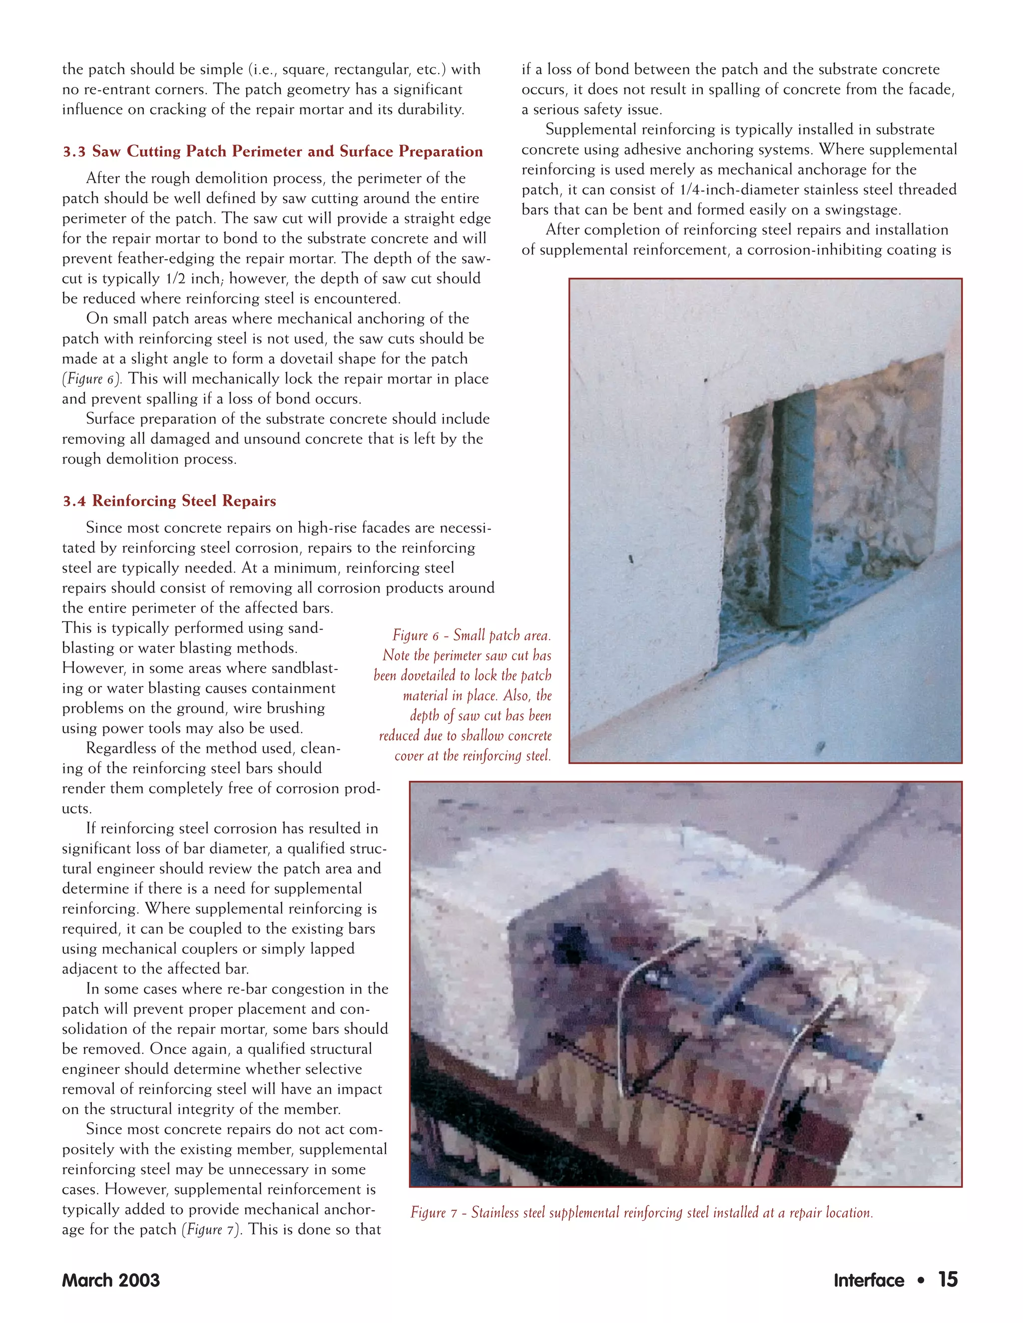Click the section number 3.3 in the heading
click(74, 152)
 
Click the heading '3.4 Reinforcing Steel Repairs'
click(169, 501)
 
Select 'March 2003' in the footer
click(111, 1280)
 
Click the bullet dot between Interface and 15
click(921, 1280)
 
